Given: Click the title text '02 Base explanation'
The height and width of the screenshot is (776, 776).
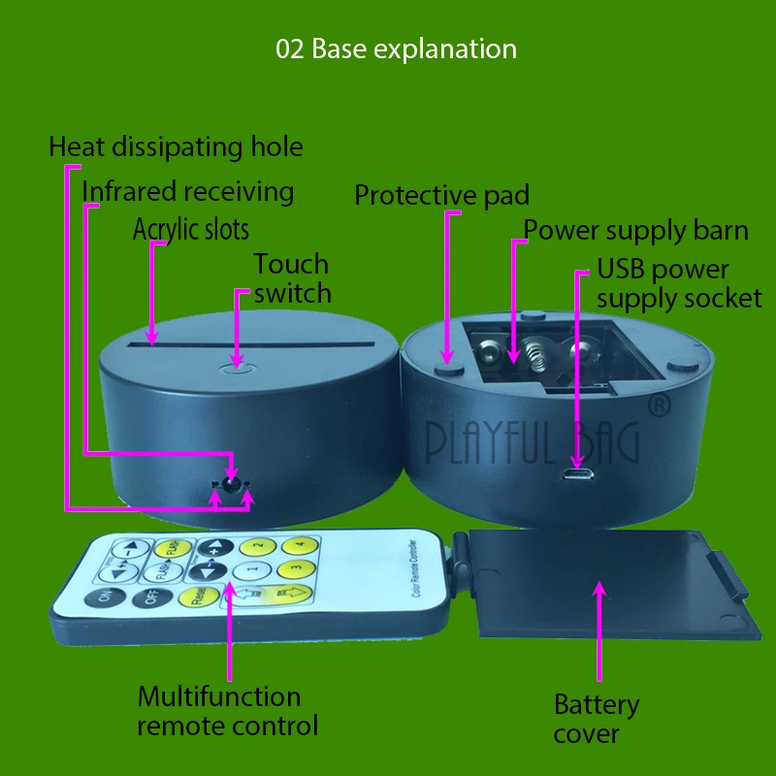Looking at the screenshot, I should [396, 48].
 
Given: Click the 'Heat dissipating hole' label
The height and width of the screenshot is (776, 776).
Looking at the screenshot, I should [176, 147].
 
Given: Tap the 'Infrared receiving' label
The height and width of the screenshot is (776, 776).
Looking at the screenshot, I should [188, 191].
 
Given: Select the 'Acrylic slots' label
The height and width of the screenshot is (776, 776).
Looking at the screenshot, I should [191, 230].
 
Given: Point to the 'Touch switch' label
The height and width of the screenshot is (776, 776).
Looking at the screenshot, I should [291, 278].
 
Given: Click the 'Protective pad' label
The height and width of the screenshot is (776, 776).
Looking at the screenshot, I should [441, 195].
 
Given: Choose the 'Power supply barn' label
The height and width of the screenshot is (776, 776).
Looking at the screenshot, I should [636, 231].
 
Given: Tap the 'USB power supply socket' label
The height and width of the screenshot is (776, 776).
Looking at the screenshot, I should [679, 283].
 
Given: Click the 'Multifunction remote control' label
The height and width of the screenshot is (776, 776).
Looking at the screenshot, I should [227, 710].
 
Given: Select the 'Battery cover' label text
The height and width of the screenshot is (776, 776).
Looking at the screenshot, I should [596, 719].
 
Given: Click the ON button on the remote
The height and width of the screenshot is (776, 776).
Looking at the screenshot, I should [99, 598].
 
